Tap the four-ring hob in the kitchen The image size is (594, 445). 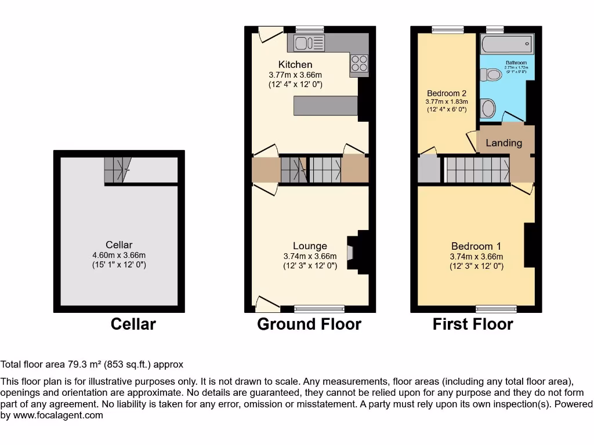click(359, 63)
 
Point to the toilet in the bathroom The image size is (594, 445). click(491, 74)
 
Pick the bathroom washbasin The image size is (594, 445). click(488, 108)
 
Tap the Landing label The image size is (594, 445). click(504, 143)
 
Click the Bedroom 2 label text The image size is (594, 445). click(447, 93)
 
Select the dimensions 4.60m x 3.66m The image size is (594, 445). click(118, 255)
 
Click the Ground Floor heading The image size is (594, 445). click(309, 324)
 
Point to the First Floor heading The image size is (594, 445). click(473, 324)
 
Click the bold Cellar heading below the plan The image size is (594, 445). click(133, 324)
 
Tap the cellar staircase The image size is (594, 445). click(114, 170)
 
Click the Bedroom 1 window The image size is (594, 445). click(496, 308)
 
